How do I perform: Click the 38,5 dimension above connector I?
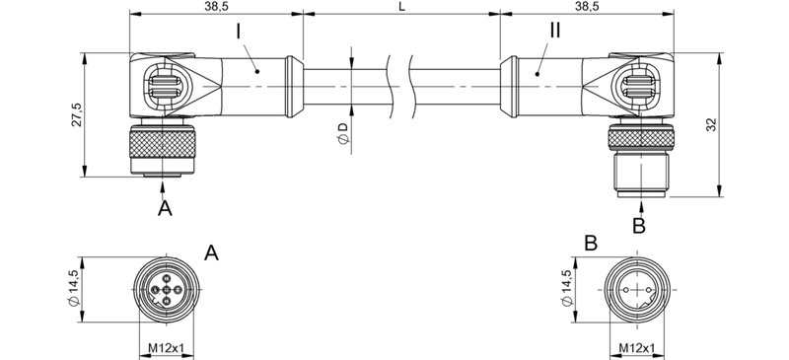tap(217, 6)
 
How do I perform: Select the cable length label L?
tap(400, 6)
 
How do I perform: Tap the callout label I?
tap(240, 32)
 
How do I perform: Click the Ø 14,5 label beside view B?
tap(565, 288)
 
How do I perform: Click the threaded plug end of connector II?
tap(641, 176)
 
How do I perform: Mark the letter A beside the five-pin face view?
tap(211, 253)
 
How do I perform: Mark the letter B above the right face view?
tap(590, 242)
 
